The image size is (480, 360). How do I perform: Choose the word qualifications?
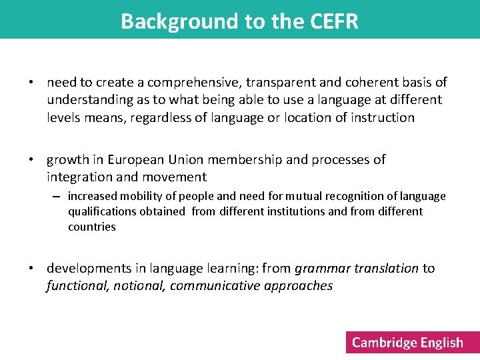(x=102, y=211)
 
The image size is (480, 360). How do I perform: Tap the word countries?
(x=92, y=227)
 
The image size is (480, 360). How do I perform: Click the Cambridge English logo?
(x=407, y=343)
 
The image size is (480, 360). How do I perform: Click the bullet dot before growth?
(x=31, y=160)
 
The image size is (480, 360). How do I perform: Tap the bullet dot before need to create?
(x=31, y=83)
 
